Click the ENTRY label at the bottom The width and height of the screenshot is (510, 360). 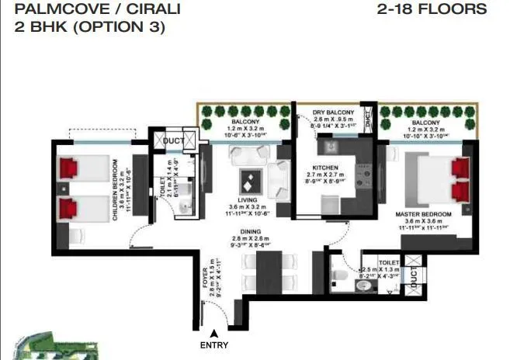click(214, 345)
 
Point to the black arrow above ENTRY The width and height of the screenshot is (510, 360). click(214, 333)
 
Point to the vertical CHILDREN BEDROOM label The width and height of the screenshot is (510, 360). click(115, 191)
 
